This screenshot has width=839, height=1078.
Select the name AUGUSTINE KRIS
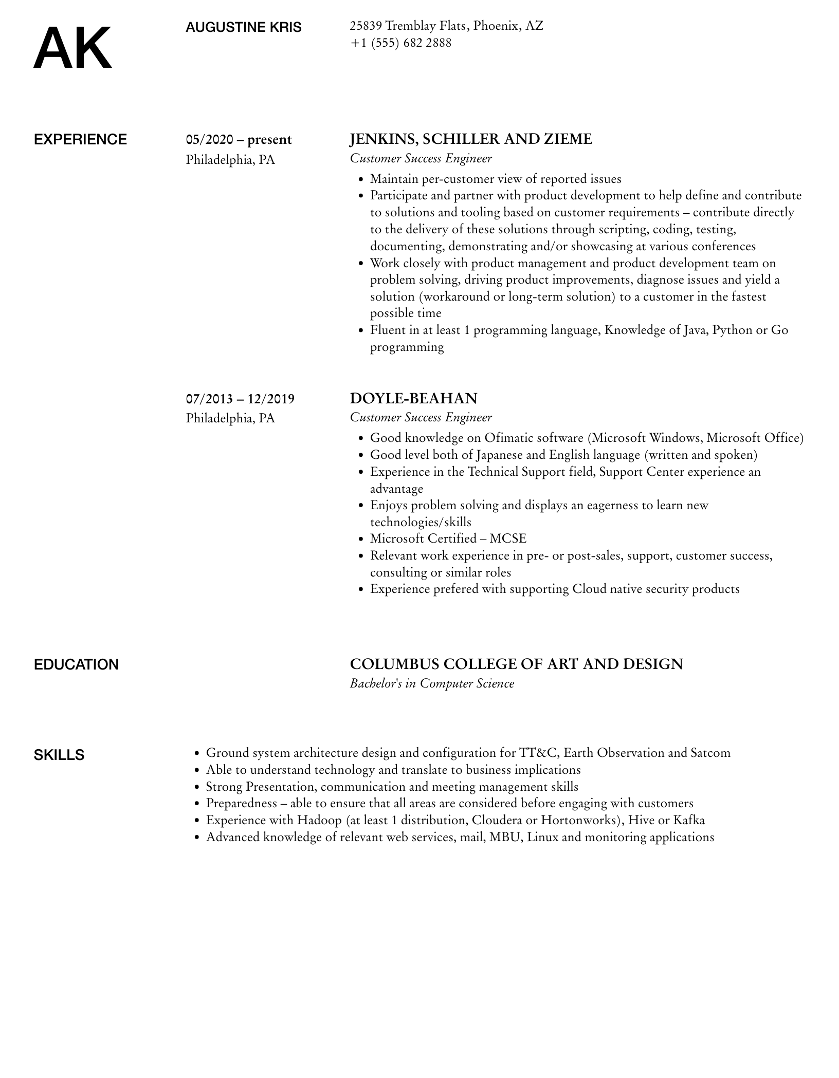[243, 27]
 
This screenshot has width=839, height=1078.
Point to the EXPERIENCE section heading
[80, 140]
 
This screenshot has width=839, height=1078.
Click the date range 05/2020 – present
[239, 140]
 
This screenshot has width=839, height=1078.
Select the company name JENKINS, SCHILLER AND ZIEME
[470, 139]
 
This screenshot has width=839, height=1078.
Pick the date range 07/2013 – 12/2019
[240, 399]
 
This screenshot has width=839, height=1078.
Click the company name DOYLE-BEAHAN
[413, 398]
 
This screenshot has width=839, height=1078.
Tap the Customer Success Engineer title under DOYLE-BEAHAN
[421, 417]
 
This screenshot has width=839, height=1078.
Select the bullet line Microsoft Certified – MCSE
[448, 538]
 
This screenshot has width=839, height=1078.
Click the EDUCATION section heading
[76, 664]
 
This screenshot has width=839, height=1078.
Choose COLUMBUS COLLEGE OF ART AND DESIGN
[516, 664]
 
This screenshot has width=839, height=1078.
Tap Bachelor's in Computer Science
[432, 683]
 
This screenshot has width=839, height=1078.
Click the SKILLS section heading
[59, 755]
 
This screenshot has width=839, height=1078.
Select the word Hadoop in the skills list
[319, 820]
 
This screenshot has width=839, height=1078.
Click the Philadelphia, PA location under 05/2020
[230, 160]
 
